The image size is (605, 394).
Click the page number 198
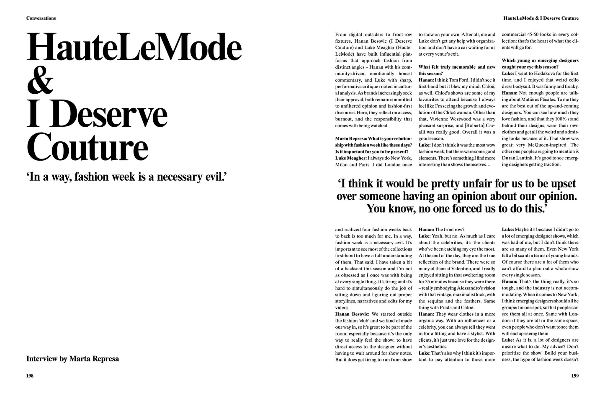pyautogui.click(x=30, y=376)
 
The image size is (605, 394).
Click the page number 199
pyautogui.click(x=575, y=376)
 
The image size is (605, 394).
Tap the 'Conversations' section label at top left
pyautogui.click(x=41, y=18)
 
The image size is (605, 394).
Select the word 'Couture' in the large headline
pyautogui.click(x=88, y=146)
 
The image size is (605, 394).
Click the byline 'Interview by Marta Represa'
pyautogui.click(x=72, y=358)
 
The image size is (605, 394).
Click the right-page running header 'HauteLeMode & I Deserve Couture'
pyautogui.click(x=541, y=18)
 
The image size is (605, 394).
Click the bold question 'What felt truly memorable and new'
pyautogui.click(x=457, y=67)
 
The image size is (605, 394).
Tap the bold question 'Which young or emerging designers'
pyautogui.click(x=540, y=60)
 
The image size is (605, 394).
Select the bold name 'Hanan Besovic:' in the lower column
pyautogui.click(x=352, y=314)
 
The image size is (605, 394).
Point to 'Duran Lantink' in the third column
pyautogui.click(x=518, y=158)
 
